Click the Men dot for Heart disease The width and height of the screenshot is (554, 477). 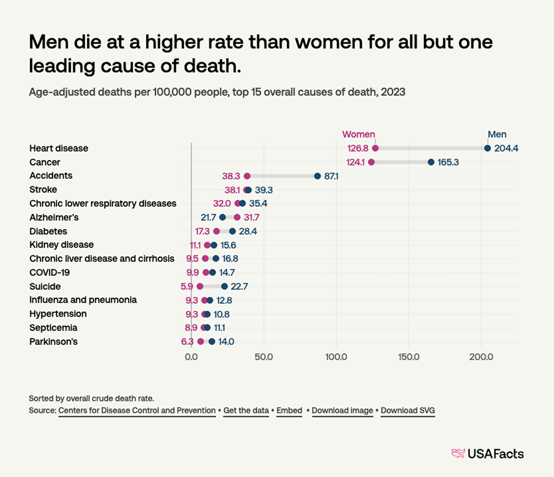[x=487, y=148]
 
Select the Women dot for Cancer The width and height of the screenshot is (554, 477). [x=371, y=162]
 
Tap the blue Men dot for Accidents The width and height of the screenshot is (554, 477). [x=318, y=176]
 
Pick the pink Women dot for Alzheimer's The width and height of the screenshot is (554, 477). [x=237, y=217]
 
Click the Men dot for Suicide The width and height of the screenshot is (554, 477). [x=224, y=286]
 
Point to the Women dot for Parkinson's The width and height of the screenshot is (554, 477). [x=200, y=341]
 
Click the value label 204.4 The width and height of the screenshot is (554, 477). [x=506, y=148]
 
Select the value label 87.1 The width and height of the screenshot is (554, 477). [x=331, y=176]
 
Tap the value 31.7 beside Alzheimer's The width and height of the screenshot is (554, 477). [x=251, y=217]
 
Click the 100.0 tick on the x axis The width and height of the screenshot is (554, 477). [x=336, y=357]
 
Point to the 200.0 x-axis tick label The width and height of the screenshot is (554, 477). [x=481, y=357]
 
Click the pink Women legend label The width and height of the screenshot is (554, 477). [x=359, y=134]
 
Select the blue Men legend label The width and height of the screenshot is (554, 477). [x=497, y=134]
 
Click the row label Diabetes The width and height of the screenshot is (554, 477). [x=48, y=231]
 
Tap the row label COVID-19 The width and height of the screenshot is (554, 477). [x=49, y=272]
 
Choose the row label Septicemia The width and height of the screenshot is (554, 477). [x=53, y=328]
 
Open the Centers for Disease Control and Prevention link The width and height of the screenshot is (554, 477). [x=137, y=411]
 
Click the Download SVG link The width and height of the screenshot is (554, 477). [x=408, y=411]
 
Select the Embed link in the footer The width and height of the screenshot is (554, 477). [x=289, y=411]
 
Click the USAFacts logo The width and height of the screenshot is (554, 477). [x=487, y=454]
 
